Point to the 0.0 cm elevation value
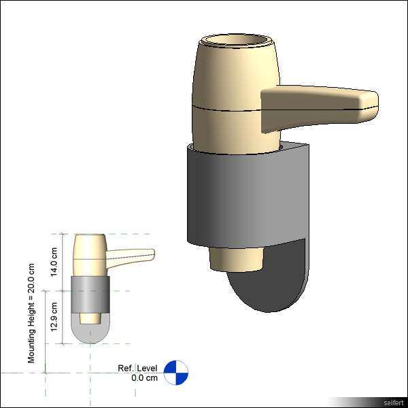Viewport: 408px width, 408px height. (144, 377)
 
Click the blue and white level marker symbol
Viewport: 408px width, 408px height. (175, 372)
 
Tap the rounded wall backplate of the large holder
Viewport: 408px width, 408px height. (272, 279)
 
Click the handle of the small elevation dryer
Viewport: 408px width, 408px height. (133, 256)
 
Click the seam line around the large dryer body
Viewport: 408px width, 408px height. (224, 109)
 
